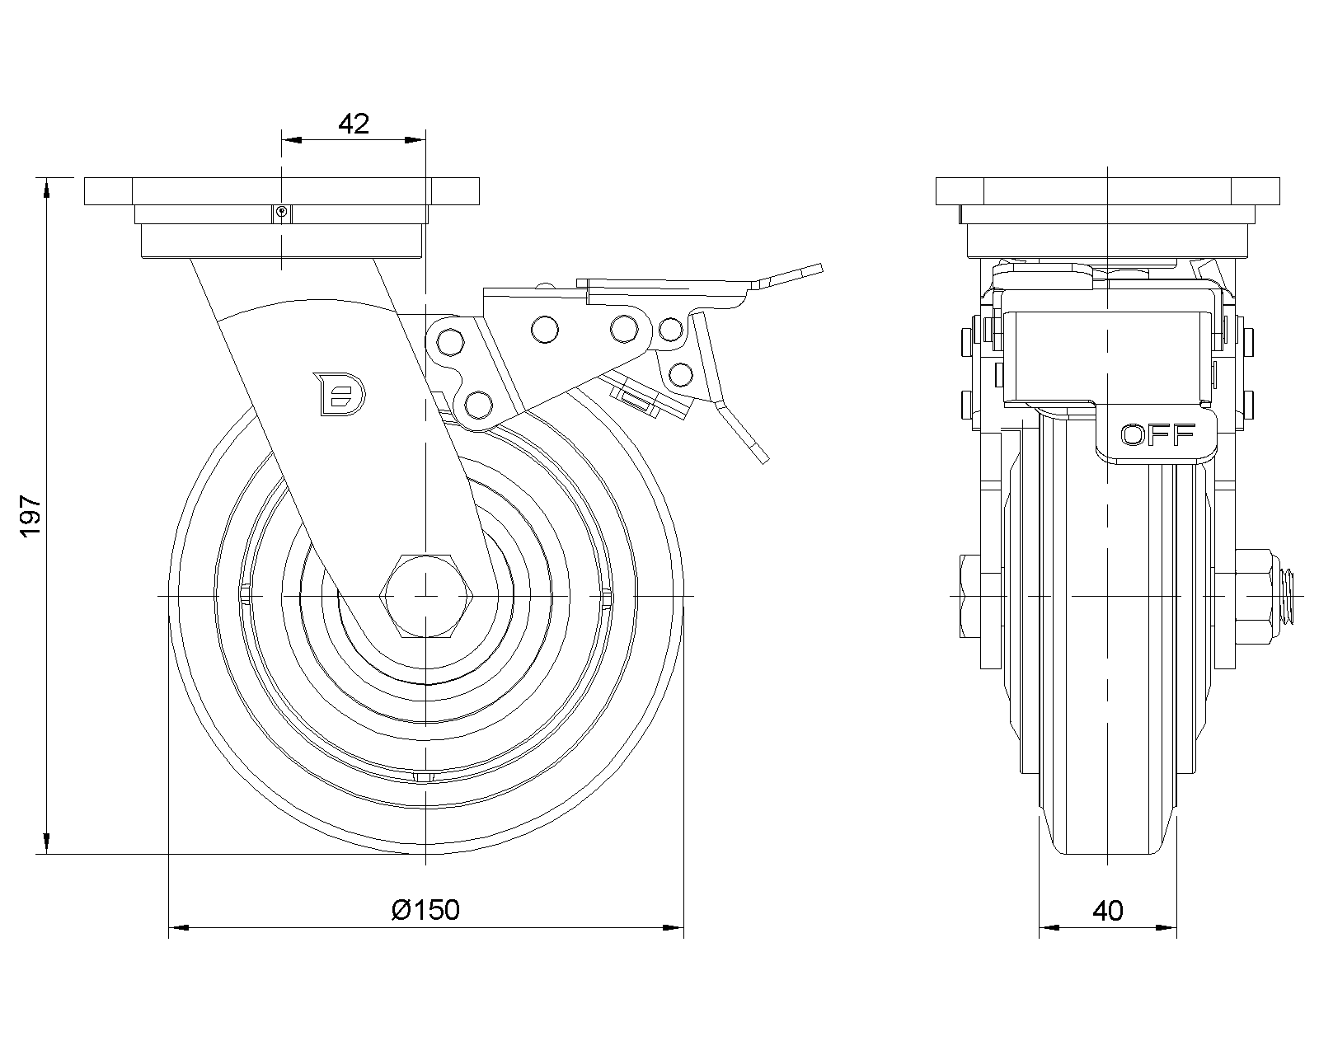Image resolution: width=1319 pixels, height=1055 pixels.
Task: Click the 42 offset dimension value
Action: tap(354, 124)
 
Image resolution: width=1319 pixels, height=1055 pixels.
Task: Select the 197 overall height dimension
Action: tap(31, 517)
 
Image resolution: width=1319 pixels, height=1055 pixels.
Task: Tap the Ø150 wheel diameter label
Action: tap(426, 910)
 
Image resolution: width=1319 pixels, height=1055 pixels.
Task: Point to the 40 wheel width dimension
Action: tap(1108, 910)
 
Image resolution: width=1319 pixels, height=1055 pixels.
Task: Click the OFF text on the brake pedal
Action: tap(1158, 434)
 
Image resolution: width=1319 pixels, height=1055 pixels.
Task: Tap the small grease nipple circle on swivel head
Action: tap(282, 212)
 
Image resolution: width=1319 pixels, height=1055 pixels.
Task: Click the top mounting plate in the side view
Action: tap(281, 191)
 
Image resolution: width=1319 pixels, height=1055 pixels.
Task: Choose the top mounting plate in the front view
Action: tap(1108, 191)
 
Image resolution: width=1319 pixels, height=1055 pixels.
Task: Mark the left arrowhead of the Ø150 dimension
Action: tap(178, 928)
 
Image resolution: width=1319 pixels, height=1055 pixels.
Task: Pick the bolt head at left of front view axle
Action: tap(969, 595)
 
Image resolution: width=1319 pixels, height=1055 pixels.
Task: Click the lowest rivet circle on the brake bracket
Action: tap(478, 404)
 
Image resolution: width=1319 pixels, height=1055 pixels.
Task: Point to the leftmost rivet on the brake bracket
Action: tap(448, 339)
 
